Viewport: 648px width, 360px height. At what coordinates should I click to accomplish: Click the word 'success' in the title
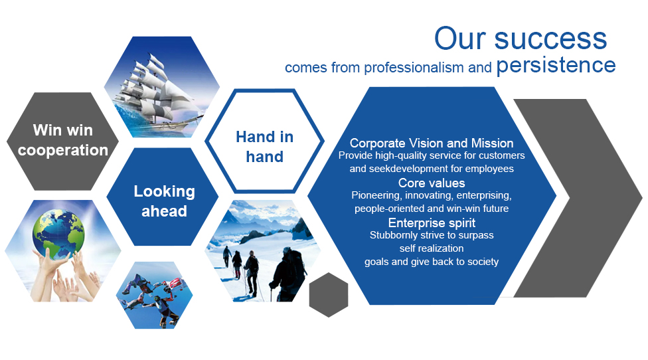(550, 39)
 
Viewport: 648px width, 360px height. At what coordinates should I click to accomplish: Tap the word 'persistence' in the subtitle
(556, 65)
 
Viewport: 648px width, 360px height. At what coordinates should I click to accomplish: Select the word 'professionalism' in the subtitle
(414, 67)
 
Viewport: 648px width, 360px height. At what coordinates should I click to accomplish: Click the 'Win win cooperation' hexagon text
(63, 140)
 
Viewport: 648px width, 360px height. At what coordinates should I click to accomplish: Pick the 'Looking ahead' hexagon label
(165, 201)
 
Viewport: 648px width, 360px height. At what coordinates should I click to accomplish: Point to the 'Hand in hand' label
(264, 147)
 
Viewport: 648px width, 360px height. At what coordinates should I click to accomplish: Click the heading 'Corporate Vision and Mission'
(432, 143)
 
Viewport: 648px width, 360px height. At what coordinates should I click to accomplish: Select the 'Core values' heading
(432, 183)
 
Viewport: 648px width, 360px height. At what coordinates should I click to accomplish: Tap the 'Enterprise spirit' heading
(432, 223)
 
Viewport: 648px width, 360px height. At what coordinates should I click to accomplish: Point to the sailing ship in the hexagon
(157, 89)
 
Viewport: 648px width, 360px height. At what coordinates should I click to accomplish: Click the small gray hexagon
(329, 295)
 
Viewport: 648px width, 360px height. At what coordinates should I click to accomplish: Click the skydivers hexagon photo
(154, 295)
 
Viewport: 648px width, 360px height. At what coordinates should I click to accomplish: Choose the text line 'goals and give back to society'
(432, 262)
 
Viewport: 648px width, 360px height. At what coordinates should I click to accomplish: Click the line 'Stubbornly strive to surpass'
(432, 235)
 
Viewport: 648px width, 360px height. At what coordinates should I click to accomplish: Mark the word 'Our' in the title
(460, 39)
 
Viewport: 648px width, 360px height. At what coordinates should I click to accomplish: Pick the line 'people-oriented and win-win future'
(432, 209)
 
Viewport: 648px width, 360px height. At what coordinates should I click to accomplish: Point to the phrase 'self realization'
(432, 248)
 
